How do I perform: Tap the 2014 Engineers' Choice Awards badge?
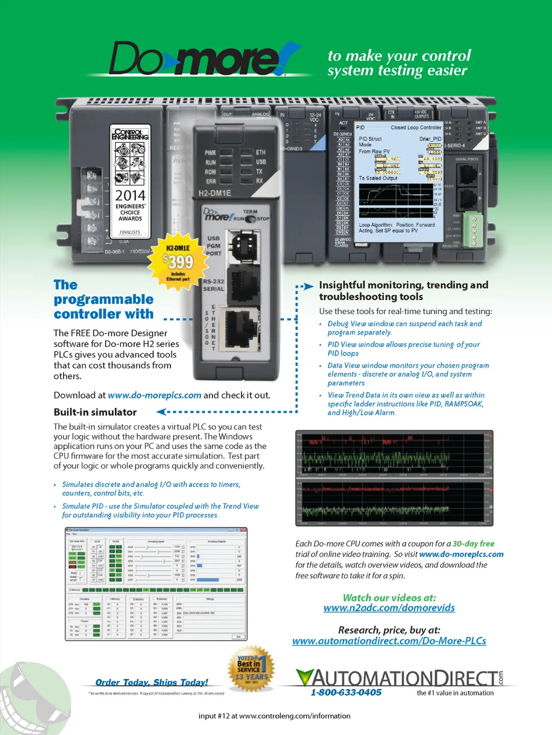130,183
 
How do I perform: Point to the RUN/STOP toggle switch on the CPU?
250,219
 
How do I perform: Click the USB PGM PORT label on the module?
213,246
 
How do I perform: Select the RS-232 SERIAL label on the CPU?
213,285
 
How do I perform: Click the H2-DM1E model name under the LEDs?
215,193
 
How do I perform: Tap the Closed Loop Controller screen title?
416,128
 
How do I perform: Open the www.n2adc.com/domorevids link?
389,608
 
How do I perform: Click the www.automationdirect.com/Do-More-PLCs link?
389,641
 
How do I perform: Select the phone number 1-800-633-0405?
346,692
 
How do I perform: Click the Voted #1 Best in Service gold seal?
251,670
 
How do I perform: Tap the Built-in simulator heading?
95,412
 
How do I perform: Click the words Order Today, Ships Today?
151,682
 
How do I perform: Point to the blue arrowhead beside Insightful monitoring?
308,286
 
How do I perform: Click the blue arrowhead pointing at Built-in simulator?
161,412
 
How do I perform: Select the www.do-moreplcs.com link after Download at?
154,395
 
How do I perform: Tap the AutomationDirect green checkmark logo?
305,677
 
